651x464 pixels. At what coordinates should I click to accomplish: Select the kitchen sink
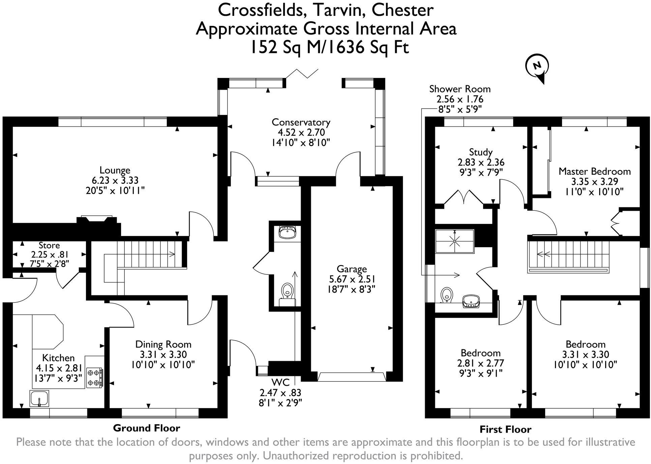[39, 399]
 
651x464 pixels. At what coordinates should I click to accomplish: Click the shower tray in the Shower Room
[454, 241]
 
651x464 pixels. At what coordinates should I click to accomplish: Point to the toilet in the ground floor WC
[287, 290]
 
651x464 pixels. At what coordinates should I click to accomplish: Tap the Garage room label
[352, 269]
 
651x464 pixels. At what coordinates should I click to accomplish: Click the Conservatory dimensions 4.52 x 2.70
[301, 132]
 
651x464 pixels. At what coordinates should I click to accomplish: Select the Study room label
[481, 152]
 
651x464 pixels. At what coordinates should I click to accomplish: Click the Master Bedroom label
[594, 171]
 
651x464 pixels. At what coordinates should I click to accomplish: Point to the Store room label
[49, 245]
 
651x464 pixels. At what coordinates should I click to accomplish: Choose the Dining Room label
[163, 344]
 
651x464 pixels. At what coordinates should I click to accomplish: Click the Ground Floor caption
[146, 428]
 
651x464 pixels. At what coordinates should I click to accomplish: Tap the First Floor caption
[505, 429]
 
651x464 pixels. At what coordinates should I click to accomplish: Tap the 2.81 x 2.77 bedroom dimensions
[480, 363]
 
